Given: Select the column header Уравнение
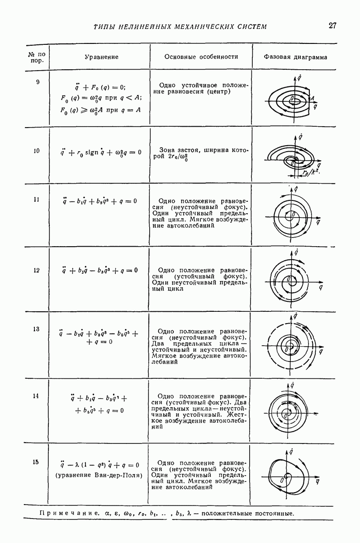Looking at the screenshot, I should (x=102, y=57).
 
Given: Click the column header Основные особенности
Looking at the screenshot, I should (x=201, y=57).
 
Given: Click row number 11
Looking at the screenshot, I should (x=37, y=199).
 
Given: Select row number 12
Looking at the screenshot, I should (x=37, y=271).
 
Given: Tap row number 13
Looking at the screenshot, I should (x=37, y=329).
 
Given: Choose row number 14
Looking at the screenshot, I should (x=37, y=396).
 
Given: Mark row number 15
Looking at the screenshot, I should (x=37, y=462).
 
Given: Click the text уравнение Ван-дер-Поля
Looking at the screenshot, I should (x=99, y=475).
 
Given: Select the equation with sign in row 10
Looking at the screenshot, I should (x=102, y=152).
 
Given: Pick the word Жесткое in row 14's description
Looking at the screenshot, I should (x=233, y=413).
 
